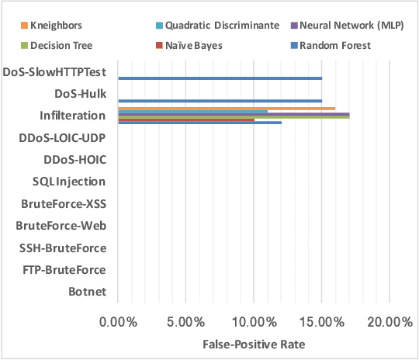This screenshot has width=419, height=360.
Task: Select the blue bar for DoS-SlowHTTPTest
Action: pos(220,78)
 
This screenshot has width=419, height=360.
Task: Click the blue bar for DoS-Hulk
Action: pos(220,101)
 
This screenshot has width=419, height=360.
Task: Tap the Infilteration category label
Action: pos(73,116)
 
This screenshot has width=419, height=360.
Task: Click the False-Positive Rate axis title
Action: pos(254,344)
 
